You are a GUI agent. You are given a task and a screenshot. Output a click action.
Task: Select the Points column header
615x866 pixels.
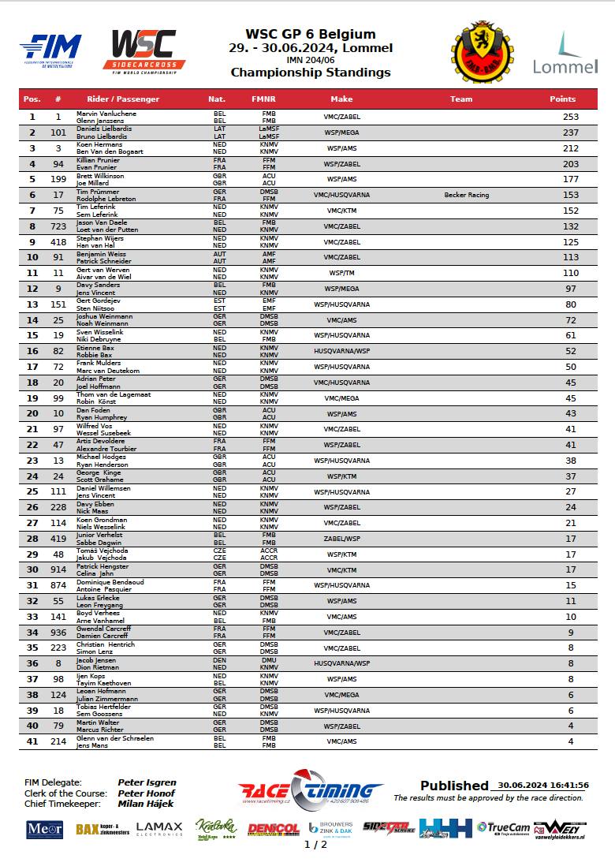[562, 99]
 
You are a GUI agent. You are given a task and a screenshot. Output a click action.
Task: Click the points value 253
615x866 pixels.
[571, 117]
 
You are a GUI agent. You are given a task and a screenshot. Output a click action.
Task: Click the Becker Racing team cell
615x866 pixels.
[466, 195]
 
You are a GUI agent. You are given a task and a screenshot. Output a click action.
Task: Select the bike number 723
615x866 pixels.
[58, 226]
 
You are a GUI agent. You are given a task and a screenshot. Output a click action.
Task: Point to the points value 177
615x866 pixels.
[571, 179]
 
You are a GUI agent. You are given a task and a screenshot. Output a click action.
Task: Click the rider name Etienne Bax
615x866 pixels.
[95, 348]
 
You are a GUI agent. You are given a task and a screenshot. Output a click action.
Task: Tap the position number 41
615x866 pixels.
[32, 742]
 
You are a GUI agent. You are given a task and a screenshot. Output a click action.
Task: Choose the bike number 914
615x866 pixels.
[58, 570]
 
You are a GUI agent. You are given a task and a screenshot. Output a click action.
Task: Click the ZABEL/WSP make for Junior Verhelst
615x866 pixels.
[341, 539]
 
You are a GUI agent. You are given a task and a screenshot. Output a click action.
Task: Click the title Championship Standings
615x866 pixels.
[311, 73]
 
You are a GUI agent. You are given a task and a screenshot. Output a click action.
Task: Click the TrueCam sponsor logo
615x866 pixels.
[503, 827]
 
